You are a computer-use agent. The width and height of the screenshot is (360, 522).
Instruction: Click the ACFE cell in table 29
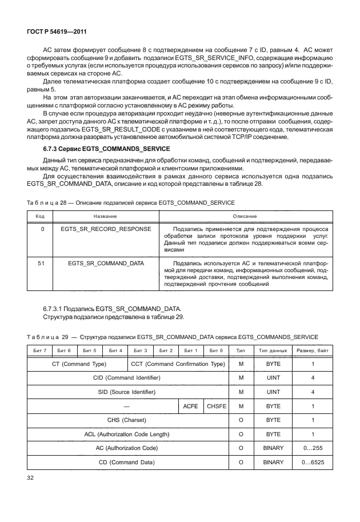coord(190,406)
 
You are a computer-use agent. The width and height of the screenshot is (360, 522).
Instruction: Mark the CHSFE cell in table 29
coord(216,406)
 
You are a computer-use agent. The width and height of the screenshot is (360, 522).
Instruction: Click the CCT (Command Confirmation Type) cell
coord(178,364)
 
